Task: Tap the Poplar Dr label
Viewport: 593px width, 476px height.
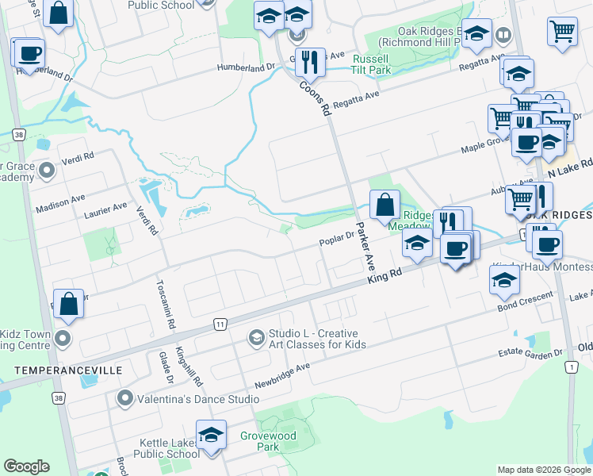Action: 337,235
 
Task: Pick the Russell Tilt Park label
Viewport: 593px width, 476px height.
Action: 372,64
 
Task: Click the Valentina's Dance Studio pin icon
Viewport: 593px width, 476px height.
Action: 124,397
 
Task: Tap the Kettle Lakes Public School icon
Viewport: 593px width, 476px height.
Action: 211,435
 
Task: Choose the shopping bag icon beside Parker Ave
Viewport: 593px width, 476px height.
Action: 384,204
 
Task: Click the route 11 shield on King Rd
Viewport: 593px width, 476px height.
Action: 220,324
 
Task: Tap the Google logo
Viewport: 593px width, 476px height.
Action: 26,466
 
